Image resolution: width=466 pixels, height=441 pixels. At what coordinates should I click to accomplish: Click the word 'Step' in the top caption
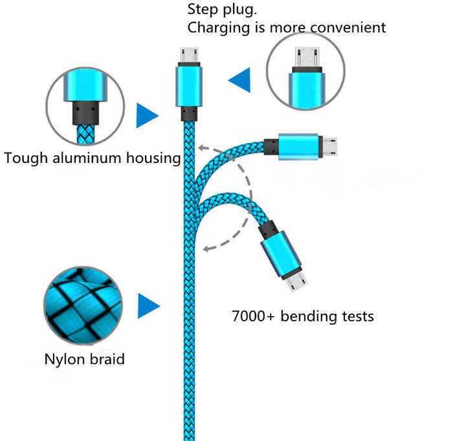tap(203, 9)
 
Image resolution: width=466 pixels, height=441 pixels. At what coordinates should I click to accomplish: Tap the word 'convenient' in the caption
tap(348, 28)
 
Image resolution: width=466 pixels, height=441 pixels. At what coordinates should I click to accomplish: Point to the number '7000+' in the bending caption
tap(253, 316)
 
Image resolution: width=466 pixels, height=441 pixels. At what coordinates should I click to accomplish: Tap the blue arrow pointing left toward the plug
tap(239, 80)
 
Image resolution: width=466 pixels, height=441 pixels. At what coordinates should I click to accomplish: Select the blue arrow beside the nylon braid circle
tap(149, 306)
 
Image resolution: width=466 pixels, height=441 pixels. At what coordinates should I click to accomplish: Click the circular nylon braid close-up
tap(83, 306)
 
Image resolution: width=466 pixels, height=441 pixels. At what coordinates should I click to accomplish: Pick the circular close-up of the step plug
tap(305, 71)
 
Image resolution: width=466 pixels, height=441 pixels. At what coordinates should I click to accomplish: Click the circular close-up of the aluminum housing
tap(85, 106)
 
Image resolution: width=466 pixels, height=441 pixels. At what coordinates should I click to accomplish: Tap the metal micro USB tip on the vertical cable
tap(189, 55)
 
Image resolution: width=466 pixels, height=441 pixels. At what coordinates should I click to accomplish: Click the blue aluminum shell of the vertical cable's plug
tap(189, 86)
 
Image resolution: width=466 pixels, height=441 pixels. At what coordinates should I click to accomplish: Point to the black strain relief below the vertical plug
tap(189, 114)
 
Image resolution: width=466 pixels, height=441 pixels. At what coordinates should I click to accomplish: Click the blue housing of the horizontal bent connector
tap(298, 147)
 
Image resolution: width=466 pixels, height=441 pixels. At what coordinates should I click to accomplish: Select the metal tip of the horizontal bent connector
tap(329, 147)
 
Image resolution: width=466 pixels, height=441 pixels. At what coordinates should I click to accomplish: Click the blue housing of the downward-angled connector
tap(281, 254)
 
